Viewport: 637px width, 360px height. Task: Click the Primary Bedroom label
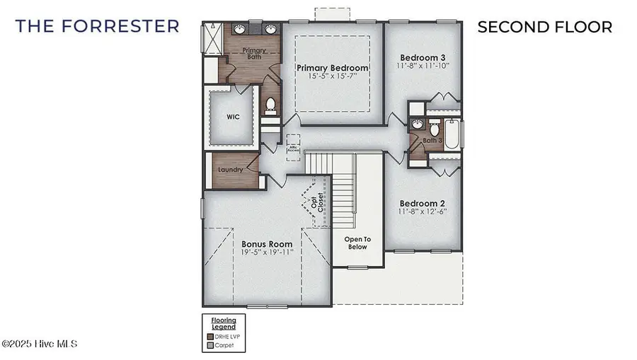(332, 68)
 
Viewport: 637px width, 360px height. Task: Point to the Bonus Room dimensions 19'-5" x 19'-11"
(266, 252)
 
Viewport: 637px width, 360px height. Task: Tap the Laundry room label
(231, 170)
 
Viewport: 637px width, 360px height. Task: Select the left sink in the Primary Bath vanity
(240, 30)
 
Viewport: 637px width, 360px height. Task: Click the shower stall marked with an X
(213, 35)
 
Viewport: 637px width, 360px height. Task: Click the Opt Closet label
(316, 201)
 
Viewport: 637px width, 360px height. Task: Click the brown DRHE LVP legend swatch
(210, 336)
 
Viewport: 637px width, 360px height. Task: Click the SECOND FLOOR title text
(544, 27)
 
